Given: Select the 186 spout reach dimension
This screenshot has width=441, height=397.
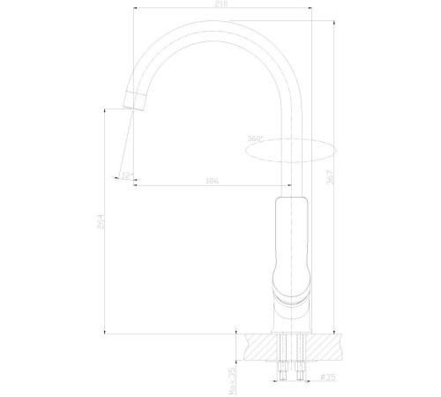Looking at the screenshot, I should pos(211,181).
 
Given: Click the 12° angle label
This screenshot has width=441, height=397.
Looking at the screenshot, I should pos(129,176).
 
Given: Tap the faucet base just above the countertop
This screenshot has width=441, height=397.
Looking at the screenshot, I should pos(290,318).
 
